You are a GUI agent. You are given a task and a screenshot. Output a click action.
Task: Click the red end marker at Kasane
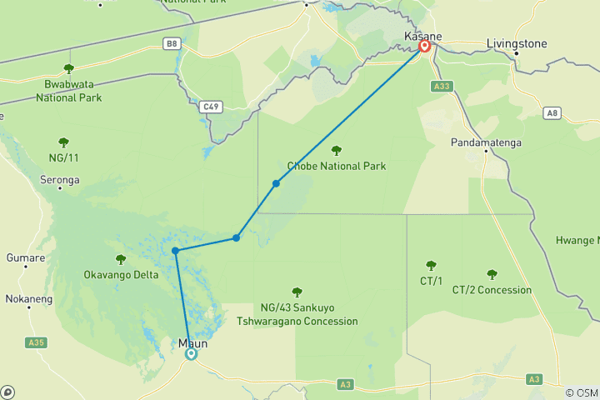[x=424, y=47]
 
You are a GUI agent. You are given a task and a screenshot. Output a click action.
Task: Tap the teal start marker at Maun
[x=191, y=353]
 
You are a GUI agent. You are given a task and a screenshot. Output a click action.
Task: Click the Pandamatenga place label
[x=487, y=142]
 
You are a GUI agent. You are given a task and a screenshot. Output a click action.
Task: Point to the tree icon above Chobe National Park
[x=336, y=151]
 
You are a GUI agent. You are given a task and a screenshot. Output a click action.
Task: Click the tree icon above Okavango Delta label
[x=121, y=259]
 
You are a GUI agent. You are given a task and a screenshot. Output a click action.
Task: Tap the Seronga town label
[x=60, y=179]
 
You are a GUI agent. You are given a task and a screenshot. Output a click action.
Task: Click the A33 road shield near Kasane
[x=442, y=85]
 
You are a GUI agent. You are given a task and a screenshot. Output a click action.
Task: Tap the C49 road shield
[x=212, y=106]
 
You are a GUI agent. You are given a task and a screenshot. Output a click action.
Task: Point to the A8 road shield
[x=552, y=112]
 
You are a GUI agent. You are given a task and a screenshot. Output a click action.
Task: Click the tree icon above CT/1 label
[x=431, y=266]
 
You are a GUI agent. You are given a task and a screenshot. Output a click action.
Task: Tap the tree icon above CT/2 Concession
[x=492, y=274]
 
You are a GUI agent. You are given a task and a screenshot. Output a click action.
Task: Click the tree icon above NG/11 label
[x=63, y=142]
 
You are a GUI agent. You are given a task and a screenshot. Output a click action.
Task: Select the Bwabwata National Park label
[x=68, y=90]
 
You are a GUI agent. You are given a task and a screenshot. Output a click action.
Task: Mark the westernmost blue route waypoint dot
[x=175, y=251]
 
